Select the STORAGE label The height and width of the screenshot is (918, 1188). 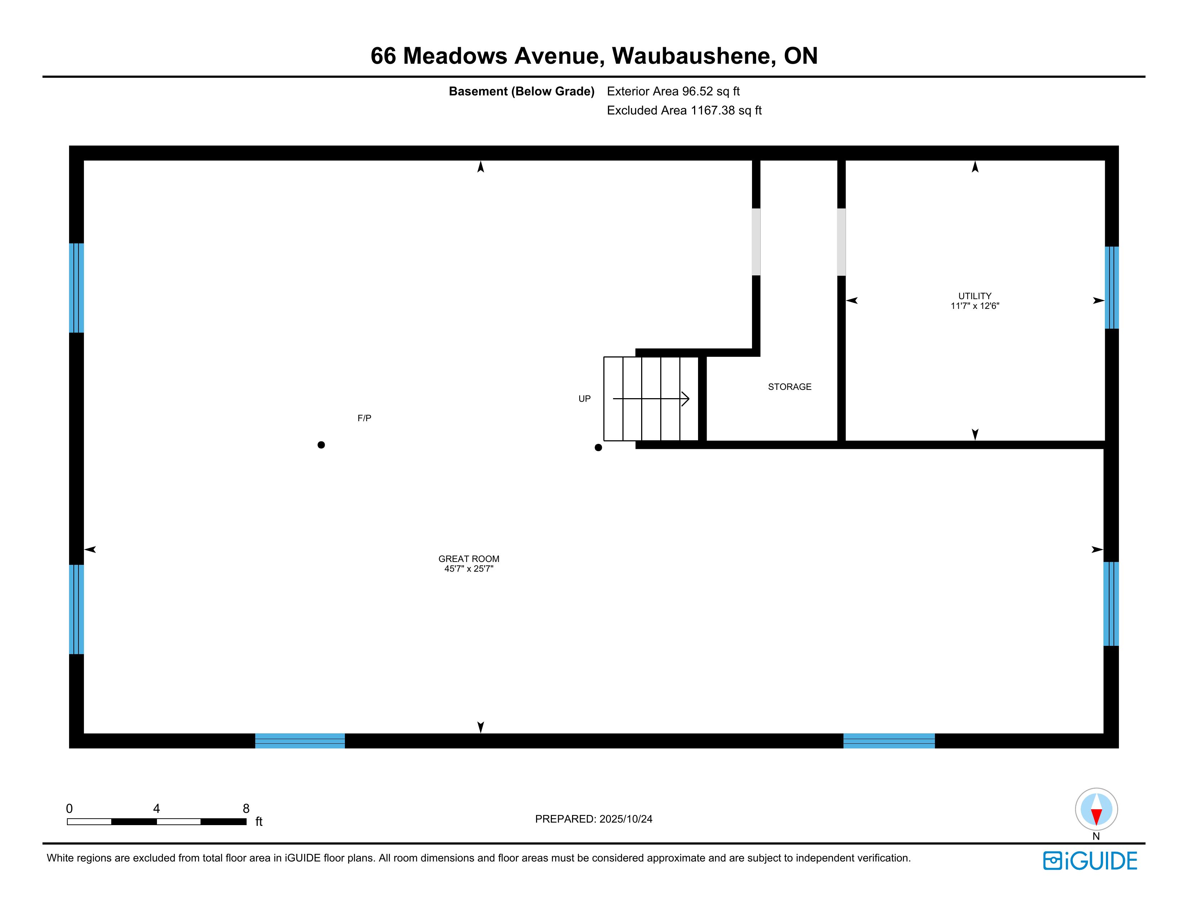point(789,387)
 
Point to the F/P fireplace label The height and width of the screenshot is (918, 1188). point(364,418)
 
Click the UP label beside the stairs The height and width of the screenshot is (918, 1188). point(584,399)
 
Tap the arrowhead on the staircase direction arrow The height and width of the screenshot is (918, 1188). point(686,399)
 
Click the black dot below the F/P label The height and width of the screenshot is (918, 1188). point(321,445)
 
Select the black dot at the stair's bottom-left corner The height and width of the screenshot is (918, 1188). point(598,447)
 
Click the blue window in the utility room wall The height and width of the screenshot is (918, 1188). point(1111,288)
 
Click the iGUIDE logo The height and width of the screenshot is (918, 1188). point(1090,861)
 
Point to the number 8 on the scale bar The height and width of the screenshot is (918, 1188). point(246,808)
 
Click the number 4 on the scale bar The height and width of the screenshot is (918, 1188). point(157,808)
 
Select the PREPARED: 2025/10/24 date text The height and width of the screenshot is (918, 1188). point(593,819)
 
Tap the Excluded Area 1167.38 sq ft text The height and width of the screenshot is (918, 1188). point(684,111)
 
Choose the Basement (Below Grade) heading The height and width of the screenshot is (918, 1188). point(521,91)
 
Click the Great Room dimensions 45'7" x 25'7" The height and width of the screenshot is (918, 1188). point(468,569)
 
